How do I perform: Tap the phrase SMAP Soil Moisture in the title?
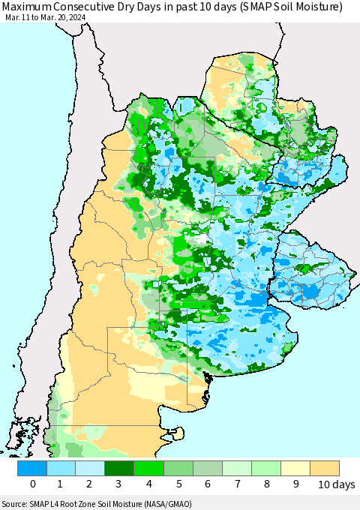click(x=271, y=7)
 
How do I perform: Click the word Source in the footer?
click(x=16, y=504)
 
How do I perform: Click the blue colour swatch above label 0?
click(x=32, y=469)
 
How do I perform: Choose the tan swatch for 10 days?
click(x=325, y=469)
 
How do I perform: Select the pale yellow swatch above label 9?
click(x=295, y=469)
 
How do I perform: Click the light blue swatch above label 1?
click(x=61, y=469)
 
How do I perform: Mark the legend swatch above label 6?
click(x=208, y=469)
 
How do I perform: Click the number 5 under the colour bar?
click(x=178, y=485)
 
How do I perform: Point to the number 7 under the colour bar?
click(x=237, y=485)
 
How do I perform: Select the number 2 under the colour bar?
click(x=91, y=485)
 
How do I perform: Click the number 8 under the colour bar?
click(x=266, y=485)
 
